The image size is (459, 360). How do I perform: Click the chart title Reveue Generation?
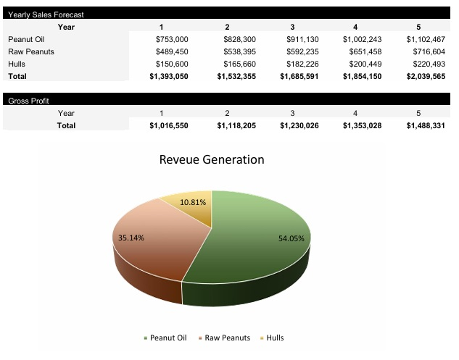[212, 159]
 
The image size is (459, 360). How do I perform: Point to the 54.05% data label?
[291, 238]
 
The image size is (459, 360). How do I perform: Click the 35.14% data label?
[131, 237]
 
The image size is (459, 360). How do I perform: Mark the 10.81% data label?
[193, 202]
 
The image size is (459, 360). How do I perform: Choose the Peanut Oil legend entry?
[168, 338]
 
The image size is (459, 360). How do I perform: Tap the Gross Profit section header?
[28, 101]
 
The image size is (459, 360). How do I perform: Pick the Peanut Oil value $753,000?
[172, 39]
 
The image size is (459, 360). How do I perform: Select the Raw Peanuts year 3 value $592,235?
[299, 51]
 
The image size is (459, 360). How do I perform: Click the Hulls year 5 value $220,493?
[426, 64]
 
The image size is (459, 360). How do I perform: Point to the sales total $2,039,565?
[424, 76]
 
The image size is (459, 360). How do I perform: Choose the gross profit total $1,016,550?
[169, 125]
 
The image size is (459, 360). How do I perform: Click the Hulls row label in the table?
[17, 64]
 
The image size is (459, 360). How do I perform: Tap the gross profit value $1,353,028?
[363, 125]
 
